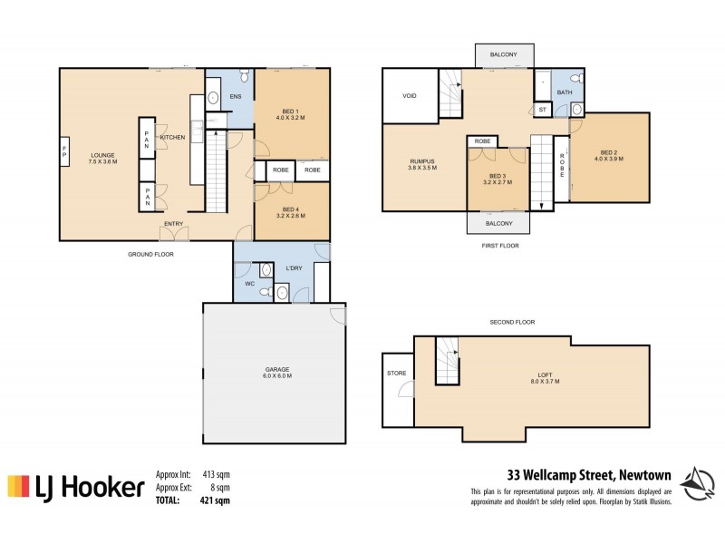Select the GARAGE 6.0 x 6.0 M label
tap(277, 373)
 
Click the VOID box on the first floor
tap(410, 94)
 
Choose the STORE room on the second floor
tap(396, 374)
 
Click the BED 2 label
tap(609, 155)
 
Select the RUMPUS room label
tap(422, 164)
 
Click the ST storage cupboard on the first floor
tap(542, 110)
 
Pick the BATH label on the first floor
tap(564, 92)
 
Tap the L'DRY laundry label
tap(293, 269)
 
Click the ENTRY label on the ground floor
tap(174, 224)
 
